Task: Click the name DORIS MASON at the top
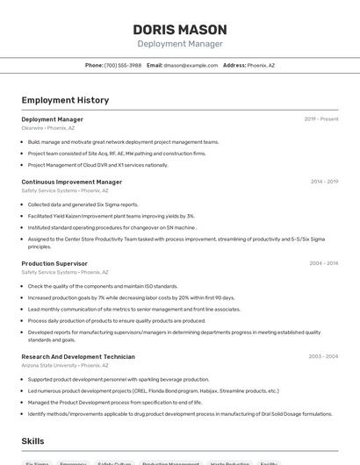click(x=179, y=29)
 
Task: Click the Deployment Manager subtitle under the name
click(x=179, y=44)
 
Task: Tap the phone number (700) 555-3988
click(x=123, y=65)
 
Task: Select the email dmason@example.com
click(x=191, y=65)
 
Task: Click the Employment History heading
click(x=65, y=100)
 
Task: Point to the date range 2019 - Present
click(x=320, y=119)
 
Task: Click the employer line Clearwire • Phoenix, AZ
click(x=48, y=128)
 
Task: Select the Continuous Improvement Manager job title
click(x=72, y=182)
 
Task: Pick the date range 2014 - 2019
click(x=324, y=182)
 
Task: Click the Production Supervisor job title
click(x=54, y=263)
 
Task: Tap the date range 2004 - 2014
click(x=324, y=263)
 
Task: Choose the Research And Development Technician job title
click(x=78, y=357)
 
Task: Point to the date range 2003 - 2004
click(x=324, y=357)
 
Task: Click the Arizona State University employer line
click(x=60, y=366)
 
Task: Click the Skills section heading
click(x=32, y=441)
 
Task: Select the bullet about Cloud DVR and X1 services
click(x=97, y=165)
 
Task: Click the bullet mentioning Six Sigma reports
click(x=83, y=204)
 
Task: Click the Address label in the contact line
click(x=234, y=65)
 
